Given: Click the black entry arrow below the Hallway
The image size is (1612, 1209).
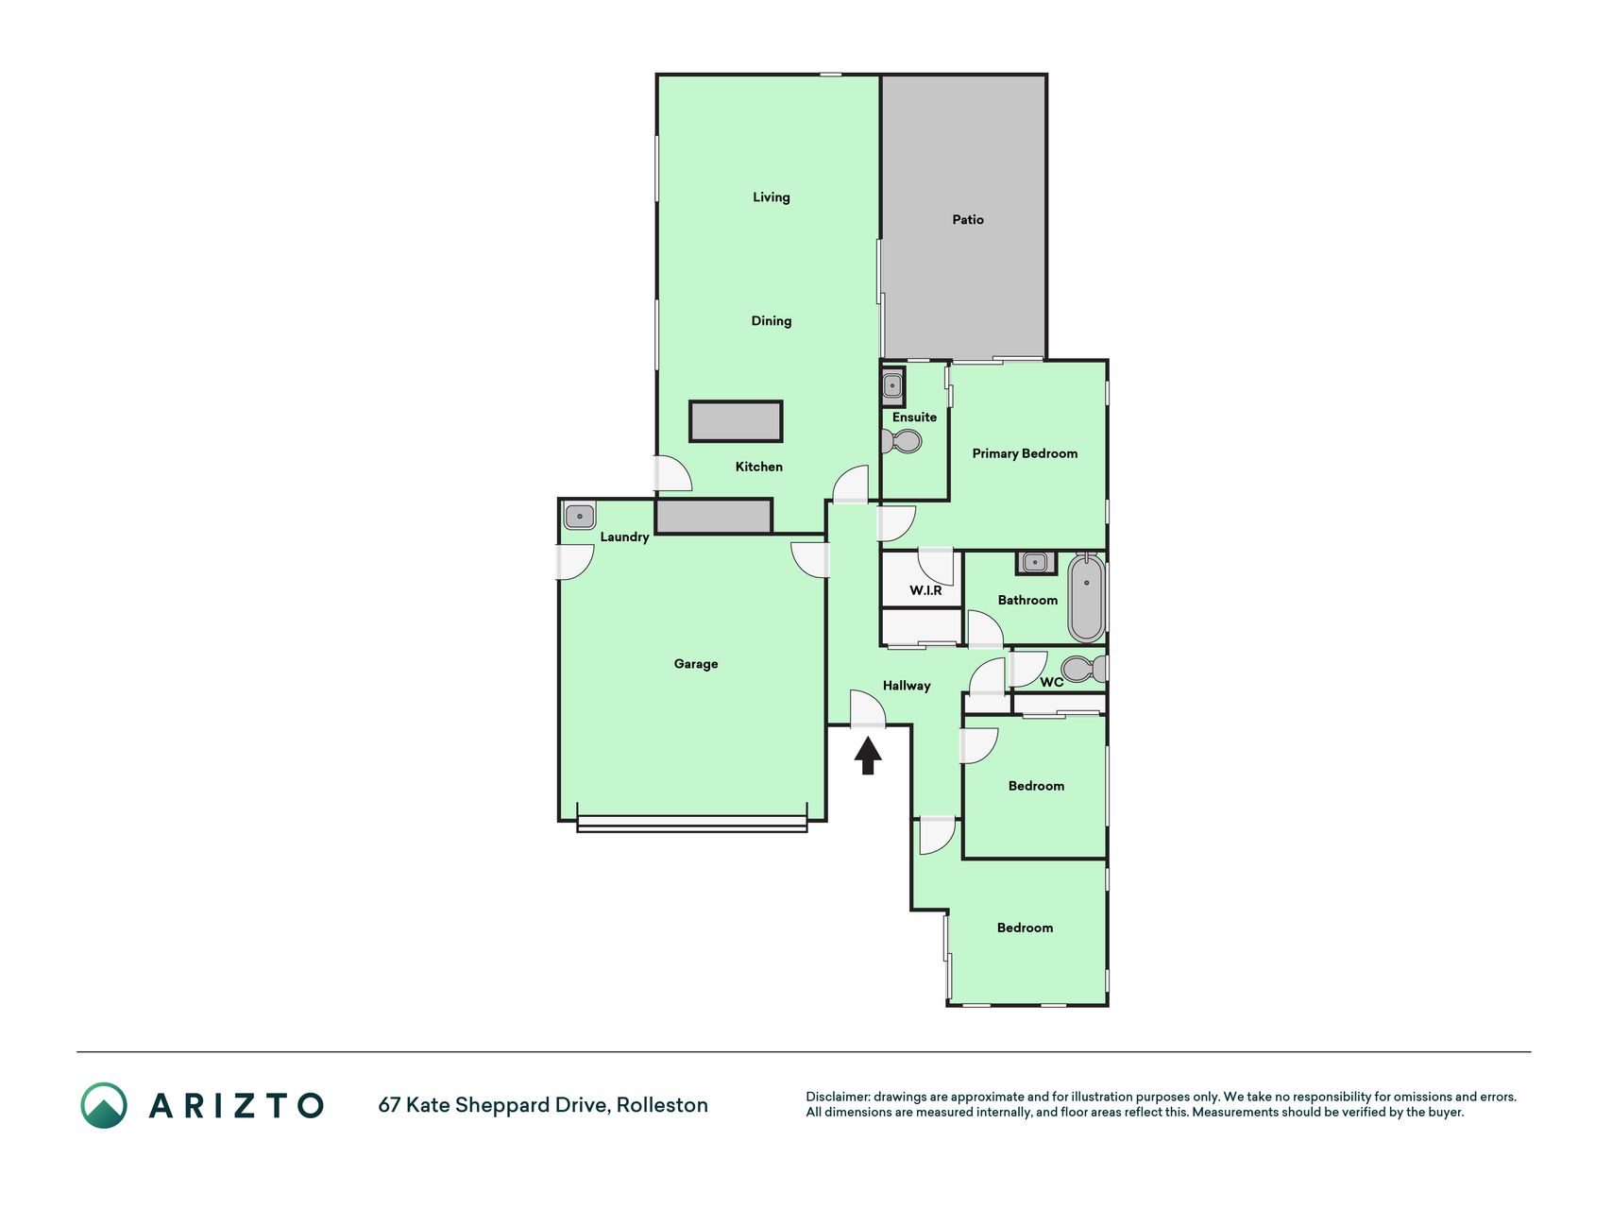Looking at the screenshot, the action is (868, 756).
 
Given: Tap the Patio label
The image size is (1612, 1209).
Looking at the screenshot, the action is (968, 219).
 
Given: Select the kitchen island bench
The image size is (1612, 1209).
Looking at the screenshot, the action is (736, 421).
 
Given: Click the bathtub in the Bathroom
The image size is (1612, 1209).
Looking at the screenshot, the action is (1086, 597).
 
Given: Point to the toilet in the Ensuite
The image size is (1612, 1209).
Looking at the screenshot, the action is (902, 441).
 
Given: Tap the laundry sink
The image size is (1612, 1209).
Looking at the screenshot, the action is (580, 517).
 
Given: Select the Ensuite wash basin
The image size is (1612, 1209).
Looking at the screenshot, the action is (892, 386).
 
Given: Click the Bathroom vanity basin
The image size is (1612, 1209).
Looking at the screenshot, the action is (1036, 563).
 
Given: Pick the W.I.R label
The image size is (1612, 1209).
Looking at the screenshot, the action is (925, 590).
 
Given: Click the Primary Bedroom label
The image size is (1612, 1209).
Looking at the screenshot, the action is (1025, 453).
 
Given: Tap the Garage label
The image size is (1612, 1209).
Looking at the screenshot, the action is (696, 664).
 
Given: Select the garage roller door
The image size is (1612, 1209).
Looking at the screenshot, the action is (692, 824).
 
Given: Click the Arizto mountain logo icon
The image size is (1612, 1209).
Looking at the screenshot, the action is (104, 1105).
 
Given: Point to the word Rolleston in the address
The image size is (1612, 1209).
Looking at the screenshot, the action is (662, 1105).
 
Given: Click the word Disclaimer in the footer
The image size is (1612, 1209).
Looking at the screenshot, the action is (838, 1097).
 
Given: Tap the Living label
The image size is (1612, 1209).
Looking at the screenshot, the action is (772, 197).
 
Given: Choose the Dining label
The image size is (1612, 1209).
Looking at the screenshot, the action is (772, 321).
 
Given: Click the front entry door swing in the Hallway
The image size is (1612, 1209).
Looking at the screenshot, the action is (868, 707).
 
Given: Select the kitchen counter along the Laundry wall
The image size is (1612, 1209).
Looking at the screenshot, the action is (714, 516).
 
